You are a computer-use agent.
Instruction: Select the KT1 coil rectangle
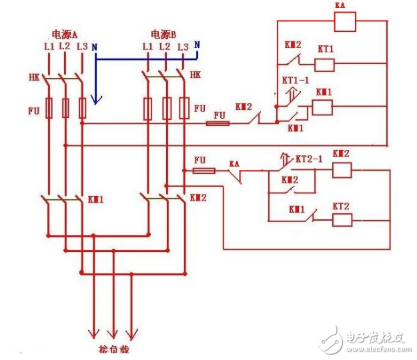pos(324,65)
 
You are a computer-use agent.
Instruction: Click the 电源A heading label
pos(65,33)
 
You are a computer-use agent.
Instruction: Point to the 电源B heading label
pos(163,34)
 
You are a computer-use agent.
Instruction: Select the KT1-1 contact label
pos(292,80)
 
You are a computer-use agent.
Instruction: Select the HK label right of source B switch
pos(195,75)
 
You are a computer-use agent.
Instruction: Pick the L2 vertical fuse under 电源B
pos(167,109)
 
